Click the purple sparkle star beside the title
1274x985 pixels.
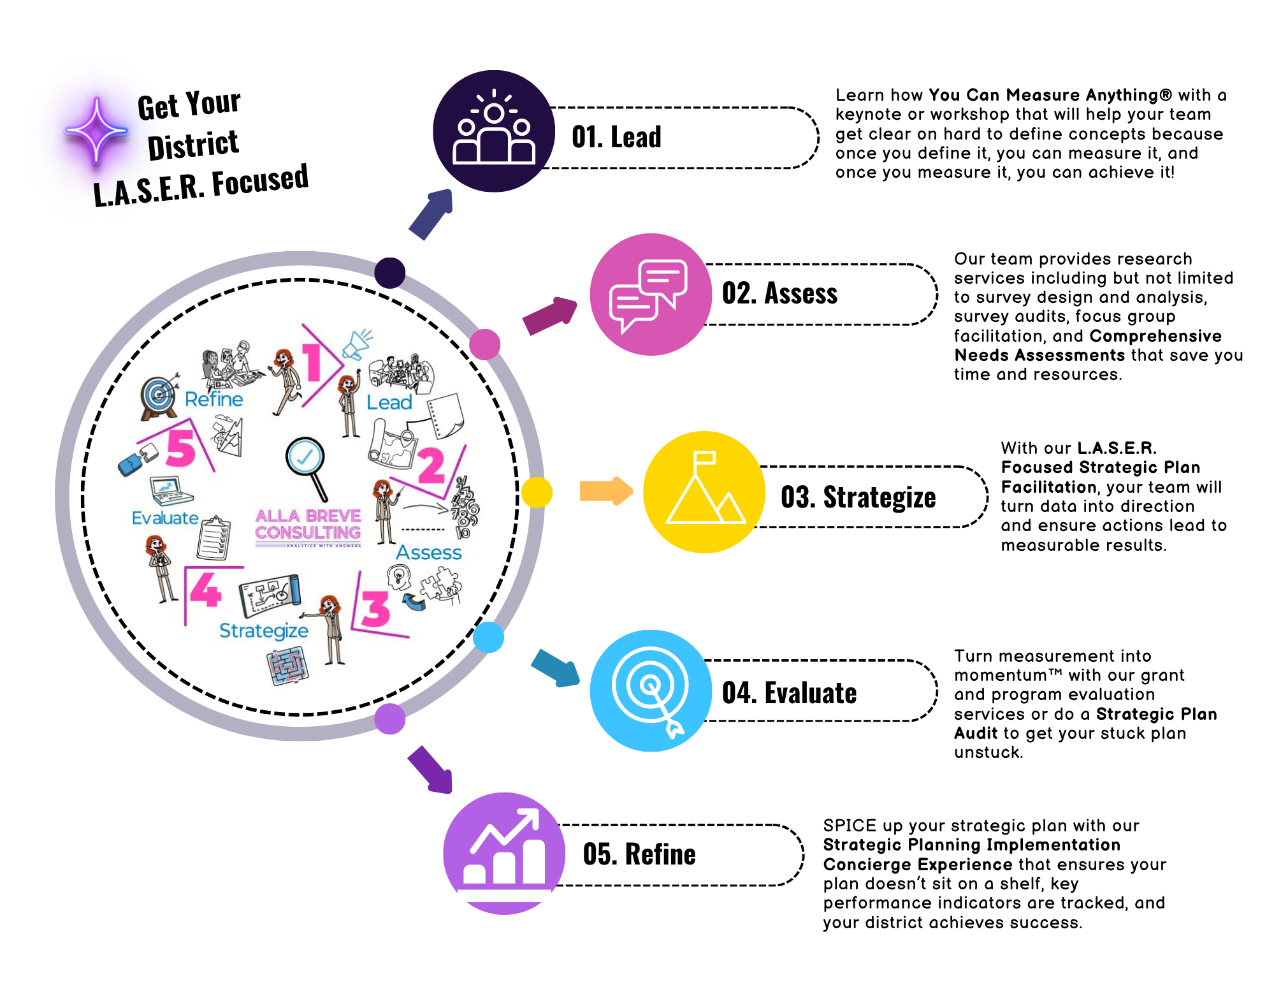[96, 130]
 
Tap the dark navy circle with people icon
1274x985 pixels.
[493, 131]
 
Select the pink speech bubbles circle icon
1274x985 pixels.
[650, 294]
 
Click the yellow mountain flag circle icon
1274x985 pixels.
[704, 492]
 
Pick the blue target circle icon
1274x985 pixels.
[650, 690]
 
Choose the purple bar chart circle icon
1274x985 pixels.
[503, 853]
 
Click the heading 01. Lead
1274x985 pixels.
[616, 137]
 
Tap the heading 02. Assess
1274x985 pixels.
[779, 294]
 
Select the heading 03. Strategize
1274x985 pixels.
[858, 497]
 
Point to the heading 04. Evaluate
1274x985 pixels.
[789, 693]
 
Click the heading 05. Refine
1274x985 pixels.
[639, 854]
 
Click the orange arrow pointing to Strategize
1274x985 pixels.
[605, 491]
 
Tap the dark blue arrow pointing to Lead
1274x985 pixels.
[431, 214]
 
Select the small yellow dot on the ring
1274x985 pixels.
[537, 492]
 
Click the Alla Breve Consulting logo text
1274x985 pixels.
[308, 525]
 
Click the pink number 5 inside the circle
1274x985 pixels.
[181, 448]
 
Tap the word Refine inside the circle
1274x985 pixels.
[214, 399]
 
